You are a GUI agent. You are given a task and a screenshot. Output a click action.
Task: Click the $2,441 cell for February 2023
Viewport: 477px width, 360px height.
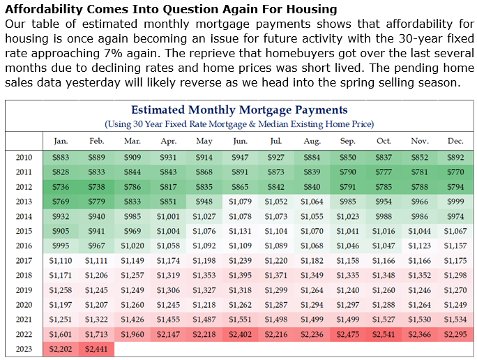tap(96, 350)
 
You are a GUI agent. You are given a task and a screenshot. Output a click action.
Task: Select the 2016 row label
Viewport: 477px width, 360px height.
tap(23, 246)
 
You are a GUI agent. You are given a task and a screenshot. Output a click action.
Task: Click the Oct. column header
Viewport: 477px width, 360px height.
tap(384, 141)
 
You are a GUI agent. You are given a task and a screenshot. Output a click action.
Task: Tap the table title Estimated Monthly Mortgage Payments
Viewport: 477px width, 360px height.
tap(239, 110)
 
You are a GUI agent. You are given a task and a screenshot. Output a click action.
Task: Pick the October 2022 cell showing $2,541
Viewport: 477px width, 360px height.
tap(384, 334)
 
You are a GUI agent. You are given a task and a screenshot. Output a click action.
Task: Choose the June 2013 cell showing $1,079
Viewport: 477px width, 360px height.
tap(240, 202)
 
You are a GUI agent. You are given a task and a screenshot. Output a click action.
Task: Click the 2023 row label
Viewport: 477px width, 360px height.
tap(23, 349)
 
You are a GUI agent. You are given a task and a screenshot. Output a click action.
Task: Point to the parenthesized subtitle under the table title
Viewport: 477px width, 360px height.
tap(239, 124)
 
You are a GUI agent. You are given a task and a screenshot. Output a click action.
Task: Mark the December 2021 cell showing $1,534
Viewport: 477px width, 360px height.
tap(455, 319)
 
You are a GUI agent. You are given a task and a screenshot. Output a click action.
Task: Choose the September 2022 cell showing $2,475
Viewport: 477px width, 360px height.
tap(347, 334)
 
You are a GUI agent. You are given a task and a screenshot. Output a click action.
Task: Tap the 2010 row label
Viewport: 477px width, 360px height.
tap(23, 157)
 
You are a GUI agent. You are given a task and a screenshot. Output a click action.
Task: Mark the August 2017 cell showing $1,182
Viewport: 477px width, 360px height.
tap(312, 260)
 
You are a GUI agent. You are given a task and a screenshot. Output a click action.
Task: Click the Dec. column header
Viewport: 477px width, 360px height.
tap(455, 141)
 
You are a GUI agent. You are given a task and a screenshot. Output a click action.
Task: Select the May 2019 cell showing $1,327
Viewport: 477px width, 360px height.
tap(204, 290)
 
